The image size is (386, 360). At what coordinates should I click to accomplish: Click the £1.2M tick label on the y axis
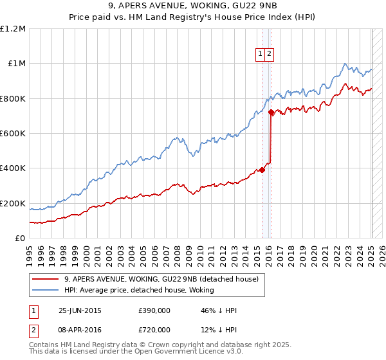click(x=13, y=29)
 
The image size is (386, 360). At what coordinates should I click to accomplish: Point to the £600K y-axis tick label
click(x=13, y=134)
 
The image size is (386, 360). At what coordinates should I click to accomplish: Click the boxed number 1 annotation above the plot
click(x=261, y=55)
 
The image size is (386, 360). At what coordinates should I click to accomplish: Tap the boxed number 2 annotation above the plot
click(x=270, y=55)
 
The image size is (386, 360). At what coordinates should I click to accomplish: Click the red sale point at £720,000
click(x=271, y=113)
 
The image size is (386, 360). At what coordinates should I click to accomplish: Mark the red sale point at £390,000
click(x=262, y=170)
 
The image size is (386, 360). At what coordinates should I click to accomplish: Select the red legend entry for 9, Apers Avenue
click(x=161, y=279)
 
